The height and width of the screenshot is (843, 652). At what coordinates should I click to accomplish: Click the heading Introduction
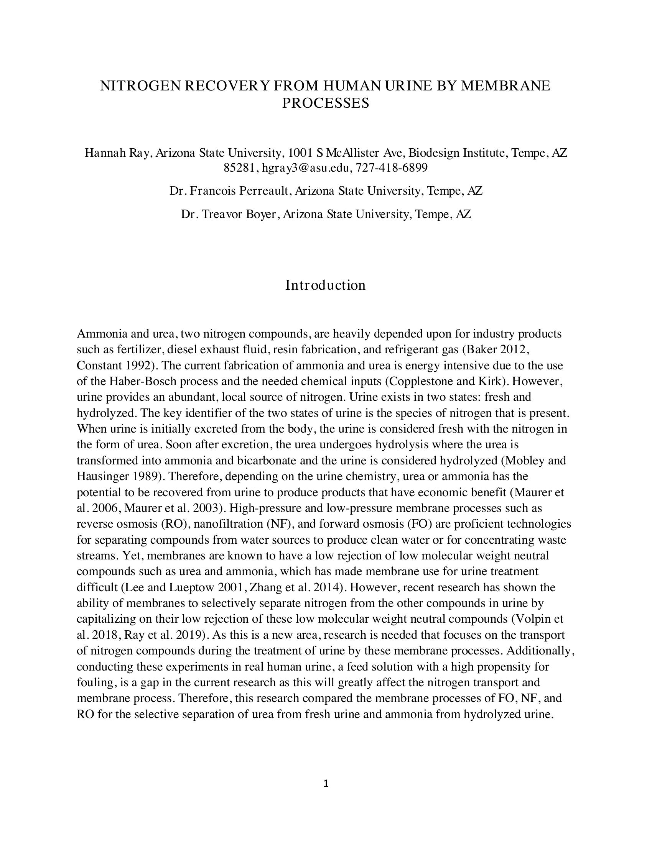tap(325, 285)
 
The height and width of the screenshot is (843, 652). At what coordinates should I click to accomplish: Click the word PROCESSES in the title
tap(325, 103)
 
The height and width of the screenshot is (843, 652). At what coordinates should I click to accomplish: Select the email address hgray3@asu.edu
tap(305, 168)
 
